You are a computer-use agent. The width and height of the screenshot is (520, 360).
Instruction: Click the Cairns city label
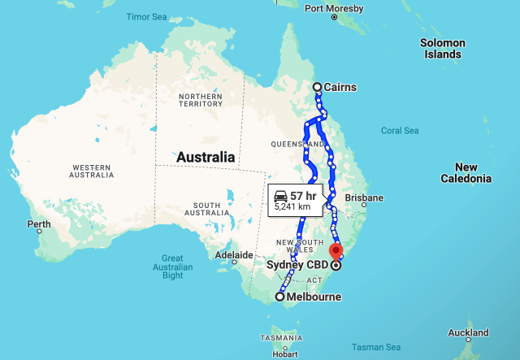point(340,88)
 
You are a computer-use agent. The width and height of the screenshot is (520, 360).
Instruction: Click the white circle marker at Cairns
point(318,87)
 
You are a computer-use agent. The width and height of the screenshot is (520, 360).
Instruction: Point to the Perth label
point(38,223)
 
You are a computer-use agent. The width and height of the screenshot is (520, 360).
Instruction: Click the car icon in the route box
point(279,195)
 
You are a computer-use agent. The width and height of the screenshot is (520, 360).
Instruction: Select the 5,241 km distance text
point(292,206)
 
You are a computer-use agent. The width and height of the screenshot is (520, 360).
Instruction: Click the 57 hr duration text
point(303,195)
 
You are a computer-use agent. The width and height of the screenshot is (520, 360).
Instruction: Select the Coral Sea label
point(400,130)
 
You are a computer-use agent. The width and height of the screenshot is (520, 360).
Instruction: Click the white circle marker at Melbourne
point(280,297)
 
